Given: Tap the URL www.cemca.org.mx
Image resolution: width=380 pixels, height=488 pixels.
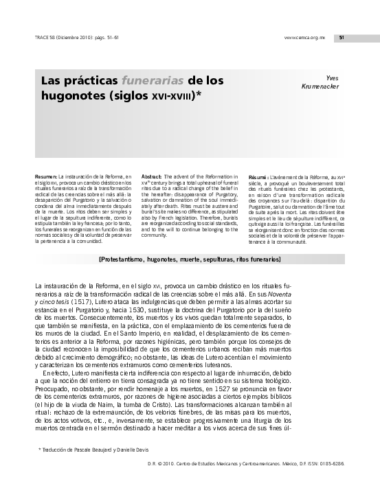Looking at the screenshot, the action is [x=303, y=38].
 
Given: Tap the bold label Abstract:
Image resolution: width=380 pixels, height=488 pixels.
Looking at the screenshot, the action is [x=152, y=177].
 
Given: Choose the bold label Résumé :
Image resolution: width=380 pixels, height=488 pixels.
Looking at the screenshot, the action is [x=258, y=177].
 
